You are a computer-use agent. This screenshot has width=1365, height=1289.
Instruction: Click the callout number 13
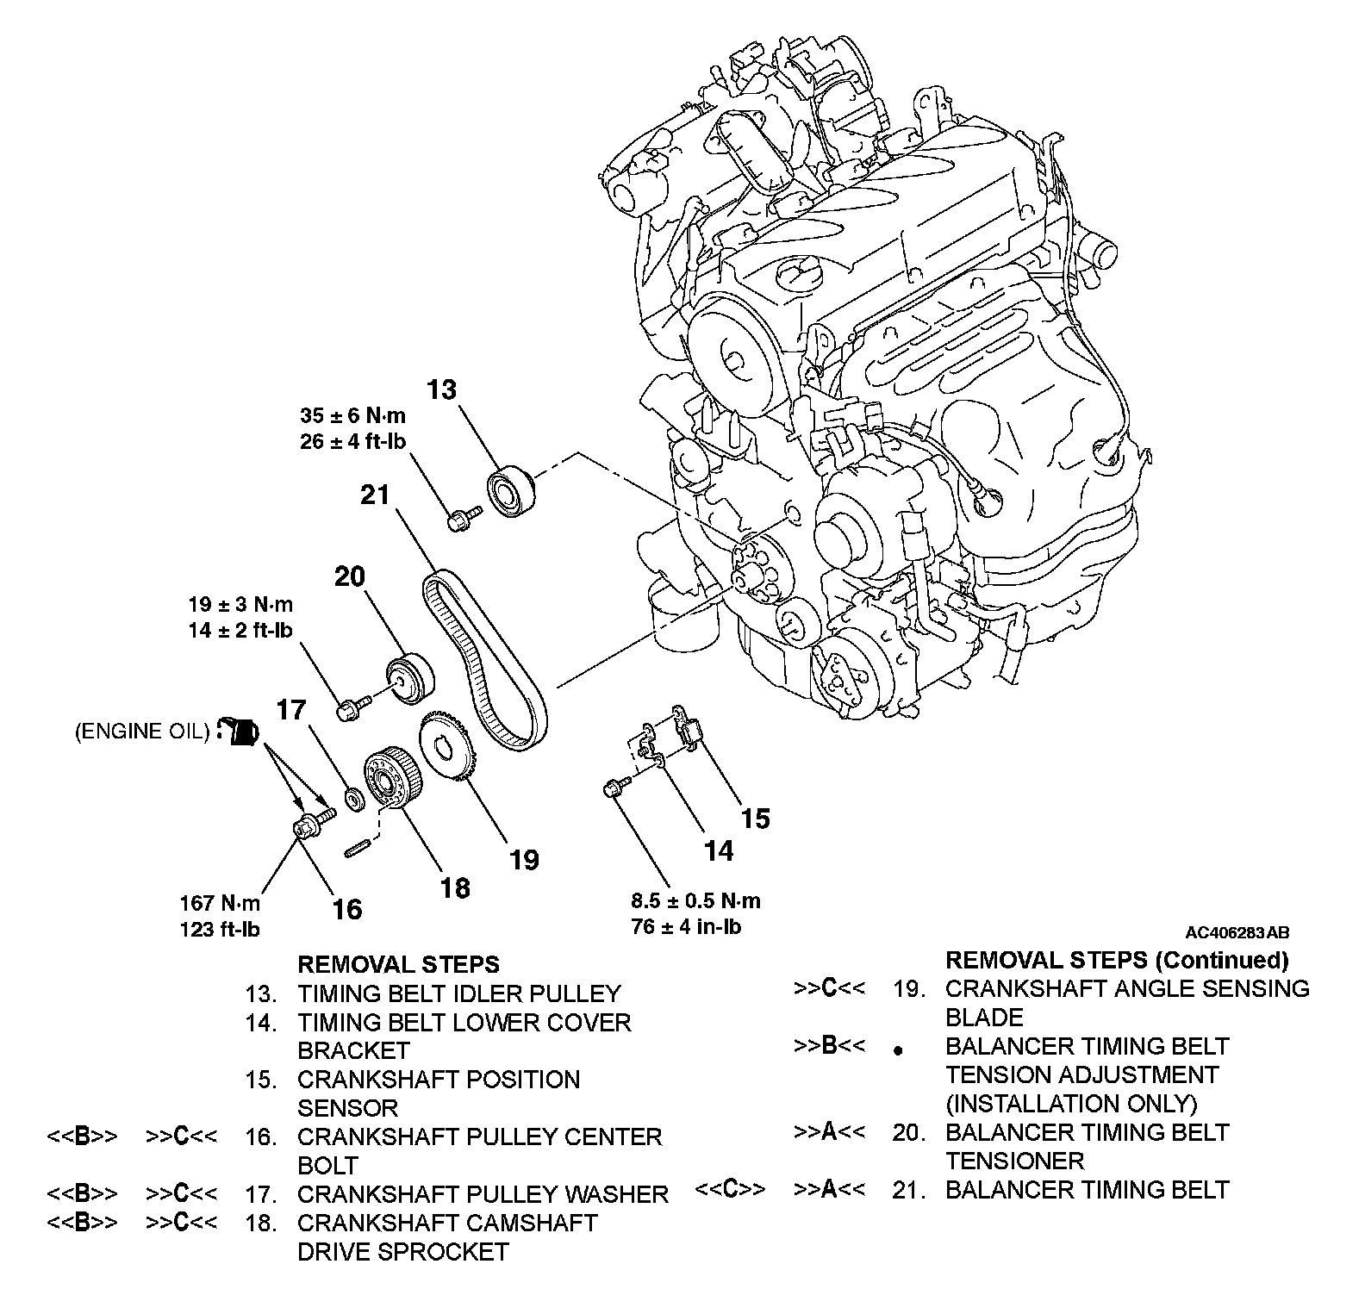tap(441, 389)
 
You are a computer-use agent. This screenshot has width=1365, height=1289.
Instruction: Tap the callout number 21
tap(375, 495)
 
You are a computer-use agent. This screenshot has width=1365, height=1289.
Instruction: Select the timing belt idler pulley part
tap(511, 492)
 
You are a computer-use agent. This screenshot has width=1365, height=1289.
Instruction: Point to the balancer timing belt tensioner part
tap(409, 679)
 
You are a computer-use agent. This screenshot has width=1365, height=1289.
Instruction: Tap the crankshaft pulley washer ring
tap(353, 799)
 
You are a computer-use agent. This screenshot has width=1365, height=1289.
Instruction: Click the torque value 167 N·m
tap(220, 903)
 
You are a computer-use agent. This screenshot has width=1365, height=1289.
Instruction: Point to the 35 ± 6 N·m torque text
tap(352, 415)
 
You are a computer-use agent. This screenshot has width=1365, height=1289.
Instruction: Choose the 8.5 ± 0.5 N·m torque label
tap(695, 901)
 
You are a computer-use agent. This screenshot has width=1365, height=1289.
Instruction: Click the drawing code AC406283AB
tap(1237, 932)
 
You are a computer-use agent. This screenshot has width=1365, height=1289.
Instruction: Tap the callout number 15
tap(755, 818)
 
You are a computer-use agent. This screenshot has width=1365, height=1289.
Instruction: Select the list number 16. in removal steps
tap(261, 1137)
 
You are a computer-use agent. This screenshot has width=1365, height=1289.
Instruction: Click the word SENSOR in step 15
tap(347, 1108)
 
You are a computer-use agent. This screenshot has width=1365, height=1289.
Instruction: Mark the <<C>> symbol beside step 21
tap(730, 1190)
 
